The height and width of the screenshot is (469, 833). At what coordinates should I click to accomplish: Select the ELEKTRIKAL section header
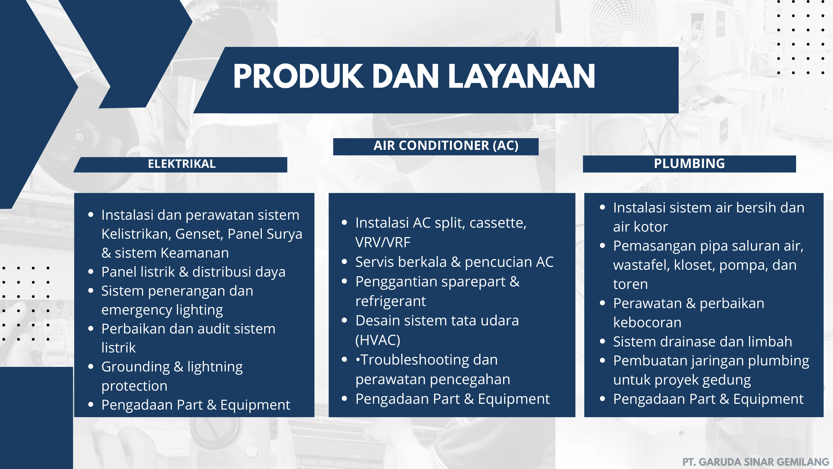tap(182, 164)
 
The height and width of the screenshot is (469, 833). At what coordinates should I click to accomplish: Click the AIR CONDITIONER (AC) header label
tap(446, 146)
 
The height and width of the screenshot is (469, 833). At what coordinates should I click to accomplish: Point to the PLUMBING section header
tap(690, 163)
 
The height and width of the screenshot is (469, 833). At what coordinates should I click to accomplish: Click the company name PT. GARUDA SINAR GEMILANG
tap(756, 462)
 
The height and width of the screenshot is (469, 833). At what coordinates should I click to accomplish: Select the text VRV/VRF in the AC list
tap(383, 242)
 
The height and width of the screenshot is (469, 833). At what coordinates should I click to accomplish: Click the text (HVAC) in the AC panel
tap(378, 340)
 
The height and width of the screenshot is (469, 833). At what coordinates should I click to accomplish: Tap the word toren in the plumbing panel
tap(631, 284)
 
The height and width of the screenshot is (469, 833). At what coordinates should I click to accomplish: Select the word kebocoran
tap(647, 322)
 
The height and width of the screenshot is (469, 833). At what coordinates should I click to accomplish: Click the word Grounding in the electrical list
tap(136, 367)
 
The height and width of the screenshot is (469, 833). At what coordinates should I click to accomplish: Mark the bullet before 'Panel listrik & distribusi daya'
tap(91, 272)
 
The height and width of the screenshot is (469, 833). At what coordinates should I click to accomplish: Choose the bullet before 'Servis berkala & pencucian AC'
tap(344, 262)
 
